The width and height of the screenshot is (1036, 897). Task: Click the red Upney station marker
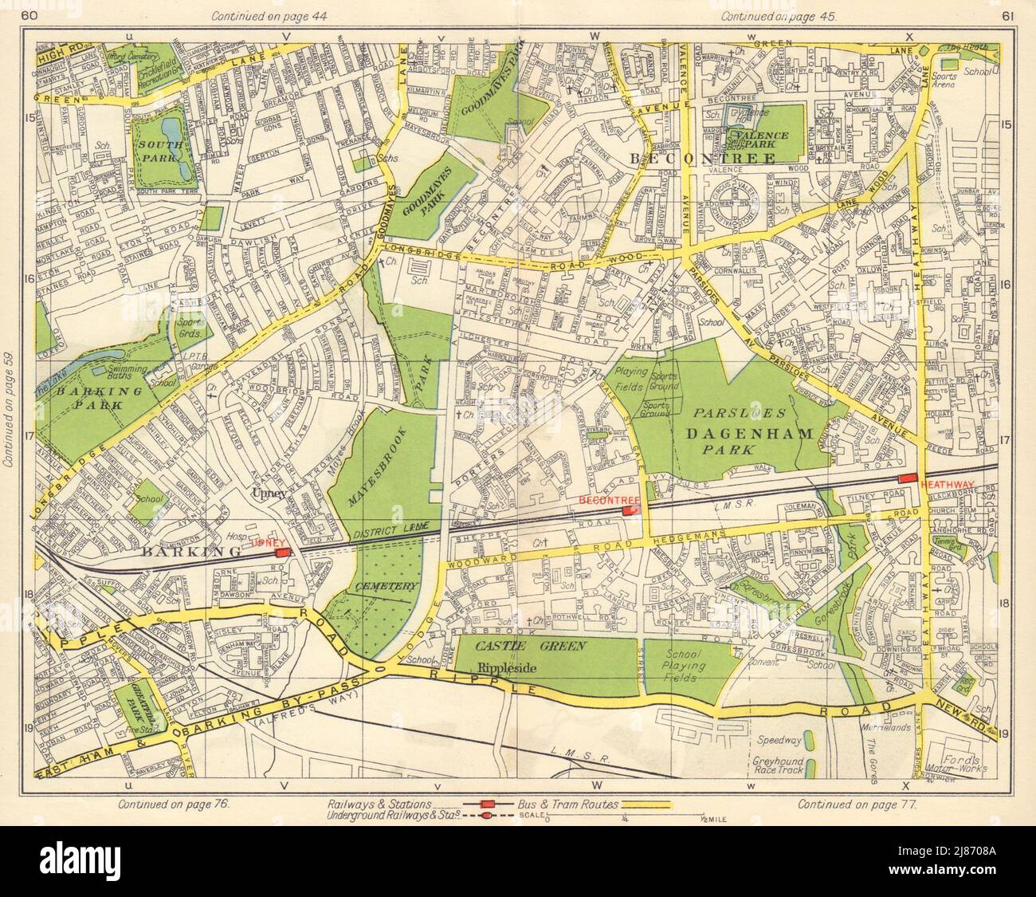281,552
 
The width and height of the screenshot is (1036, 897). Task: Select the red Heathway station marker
908,478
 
